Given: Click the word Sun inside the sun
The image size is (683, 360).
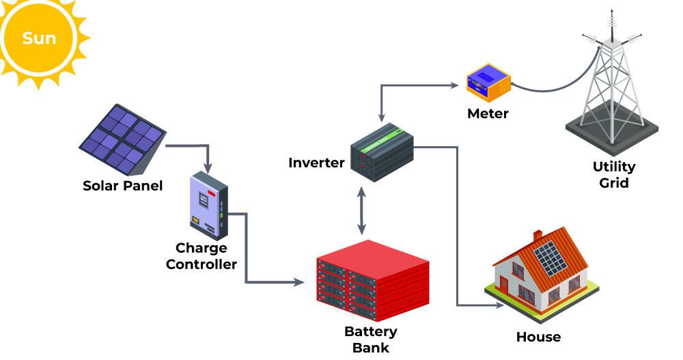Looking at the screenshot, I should point(39,38).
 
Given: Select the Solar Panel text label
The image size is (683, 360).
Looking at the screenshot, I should point(123,186).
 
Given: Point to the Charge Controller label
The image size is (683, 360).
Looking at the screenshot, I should point(201,256).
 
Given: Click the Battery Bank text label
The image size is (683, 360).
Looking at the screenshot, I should point(371,340).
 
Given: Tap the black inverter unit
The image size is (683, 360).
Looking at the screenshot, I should point(382,152).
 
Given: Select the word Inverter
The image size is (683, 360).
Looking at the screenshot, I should point(316,163).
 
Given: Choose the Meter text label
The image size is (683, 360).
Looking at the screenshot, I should point(488,113).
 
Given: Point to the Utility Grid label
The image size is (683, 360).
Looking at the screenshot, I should point(614,175).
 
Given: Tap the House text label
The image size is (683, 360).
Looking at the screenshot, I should point(538,337).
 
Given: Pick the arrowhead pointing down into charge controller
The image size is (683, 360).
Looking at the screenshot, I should point(208,167).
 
